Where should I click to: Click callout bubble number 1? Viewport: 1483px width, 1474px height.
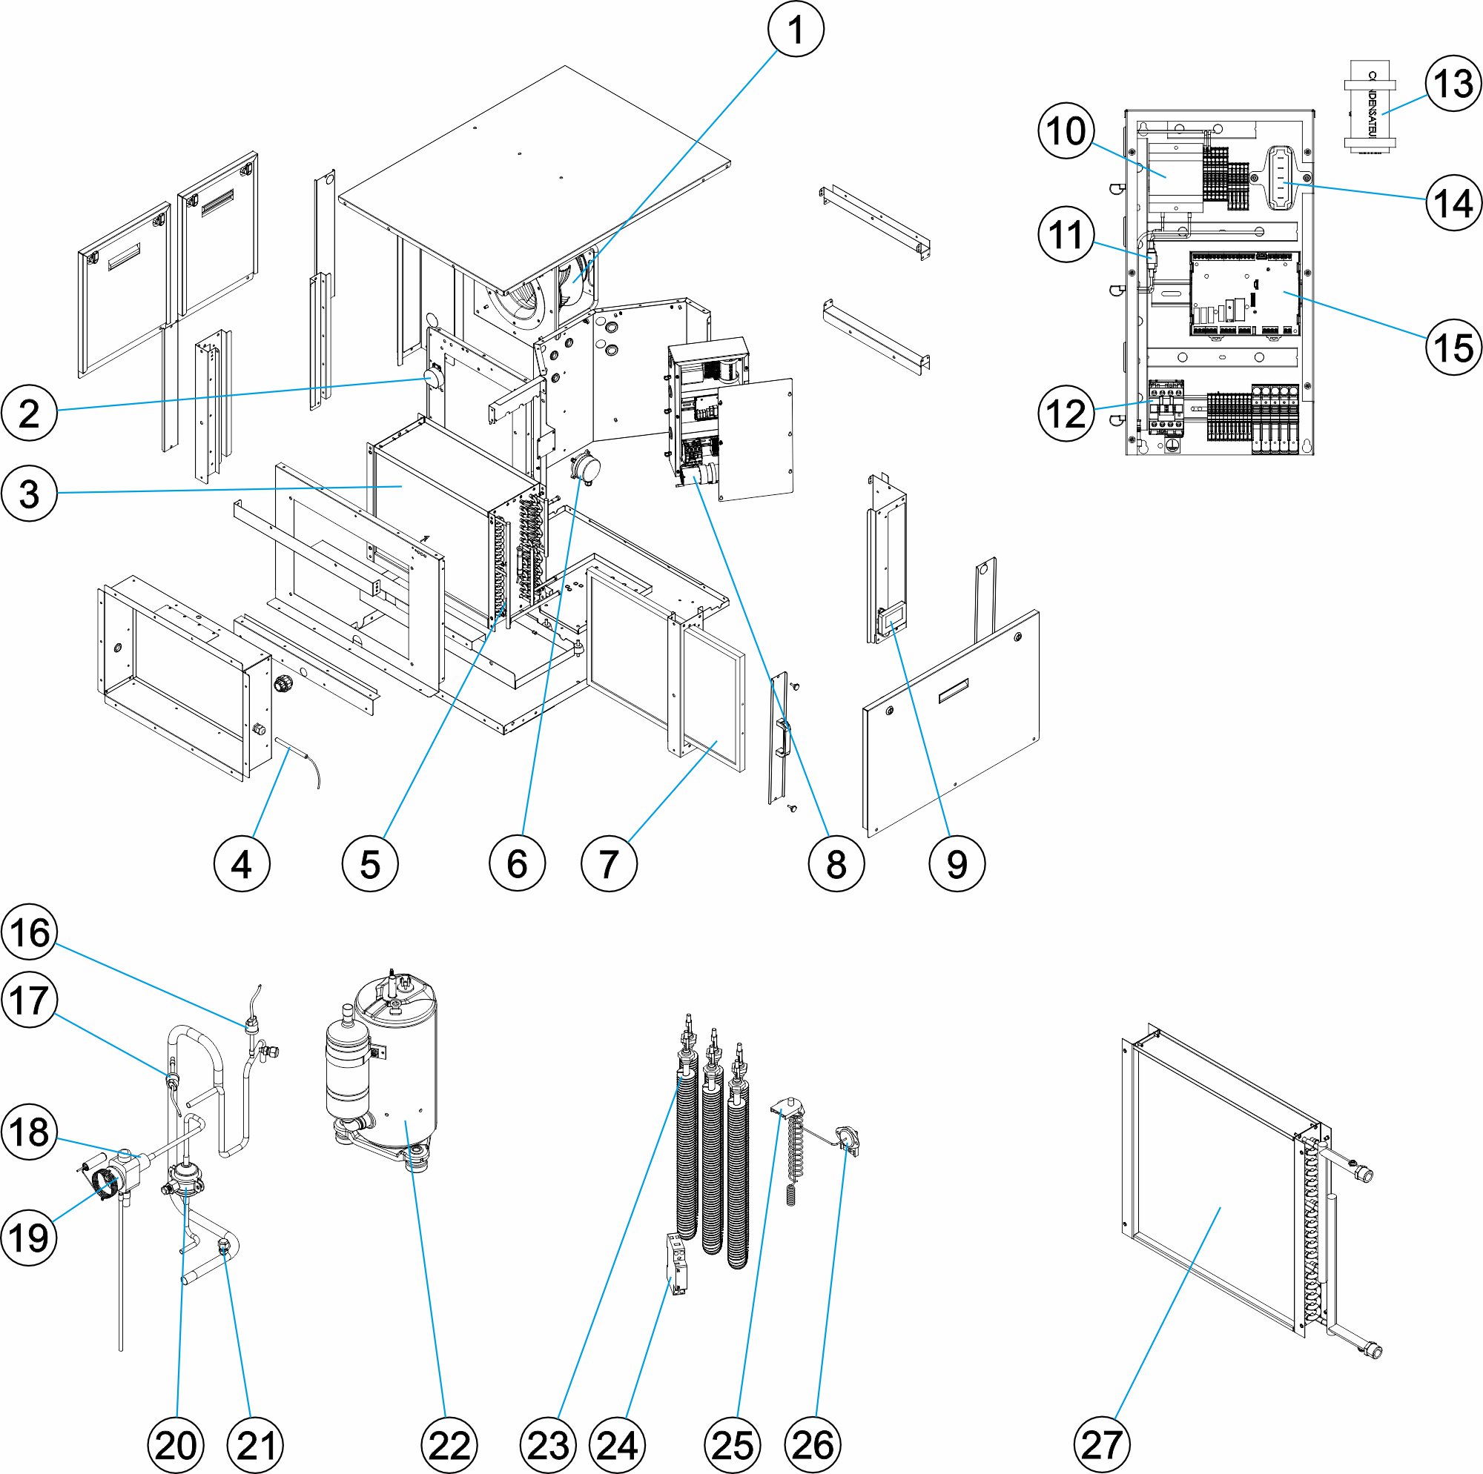[796, 30]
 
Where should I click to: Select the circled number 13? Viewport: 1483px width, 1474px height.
[1453, 84]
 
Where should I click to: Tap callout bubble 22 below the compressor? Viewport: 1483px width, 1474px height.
[449, 1445]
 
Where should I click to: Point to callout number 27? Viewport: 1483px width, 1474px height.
[1102, 1445]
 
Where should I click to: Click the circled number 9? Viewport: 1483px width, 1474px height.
[957, 863]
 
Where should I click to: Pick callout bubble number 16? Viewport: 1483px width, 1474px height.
[30, 933]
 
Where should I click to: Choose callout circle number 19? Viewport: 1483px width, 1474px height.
[29, 1237]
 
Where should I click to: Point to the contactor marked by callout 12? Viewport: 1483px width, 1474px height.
[1165, 407]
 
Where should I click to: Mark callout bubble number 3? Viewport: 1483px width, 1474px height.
[29, 494]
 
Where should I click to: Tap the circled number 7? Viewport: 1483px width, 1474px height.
[609, 863]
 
